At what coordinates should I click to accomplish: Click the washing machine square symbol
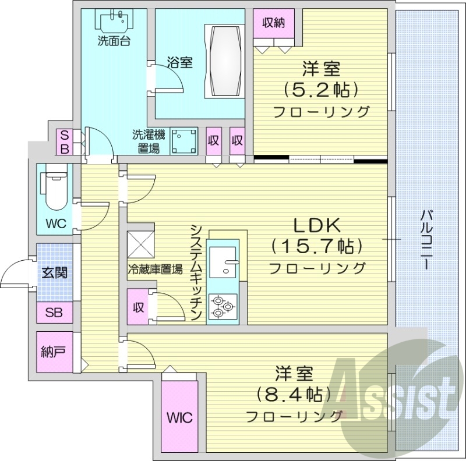[x=184, y=141]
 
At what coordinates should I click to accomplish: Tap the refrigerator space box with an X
[x=140, y=243]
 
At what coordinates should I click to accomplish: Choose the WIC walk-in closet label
[x=179, y=418]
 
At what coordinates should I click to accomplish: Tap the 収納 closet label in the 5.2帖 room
[x=273, y=23]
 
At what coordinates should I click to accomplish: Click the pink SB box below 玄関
[x=54, y=313]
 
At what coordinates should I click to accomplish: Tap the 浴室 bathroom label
[x=179, y=62]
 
